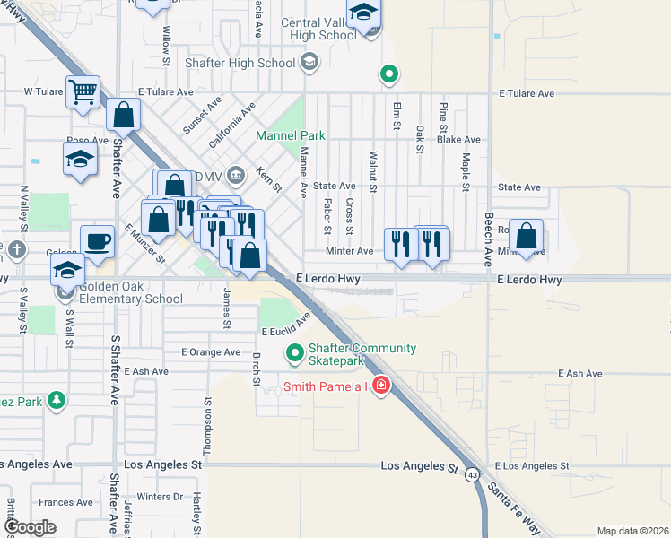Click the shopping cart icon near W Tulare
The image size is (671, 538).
83,91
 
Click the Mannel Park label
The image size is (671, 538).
291,136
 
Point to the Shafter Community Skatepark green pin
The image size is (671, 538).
293,354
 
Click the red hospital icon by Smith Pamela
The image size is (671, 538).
381,386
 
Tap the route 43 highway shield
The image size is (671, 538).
472,474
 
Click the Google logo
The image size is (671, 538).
30,527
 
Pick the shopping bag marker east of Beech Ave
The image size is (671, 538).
527,238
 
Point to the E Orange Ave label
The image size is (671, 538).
211,352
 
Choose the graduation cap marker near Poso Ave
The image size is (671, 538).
80,160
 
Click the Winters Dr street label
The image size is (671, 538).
160,496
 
